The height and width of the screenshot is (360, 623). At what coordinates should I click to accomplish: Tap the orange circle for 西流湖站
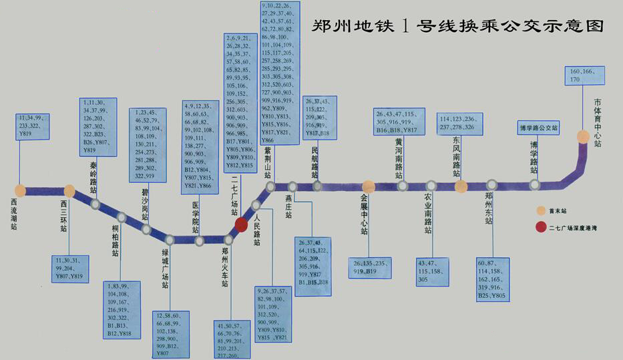pos(21,190)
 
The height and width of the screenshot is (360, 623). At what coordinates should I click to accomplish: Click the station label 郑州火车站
pos(225,267)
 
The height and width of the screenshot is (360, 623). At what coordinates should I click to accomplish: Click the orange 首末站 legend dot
pos(541,210)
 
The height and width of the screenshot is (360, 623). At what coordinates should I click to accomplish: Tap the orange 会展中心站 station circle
pos(368,186)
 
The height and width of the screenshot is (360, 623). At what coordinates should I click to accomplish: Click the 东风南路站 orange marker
pos(460,186)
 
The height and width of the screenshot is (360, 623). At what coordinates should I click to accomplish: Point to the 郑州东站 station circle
pos(492,185)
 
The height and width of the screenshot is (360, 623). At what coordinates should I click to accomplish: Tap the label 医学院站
pos(196,216)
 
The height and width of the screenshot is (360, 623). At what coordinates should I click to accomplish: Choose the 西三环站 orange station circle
pos(69,191)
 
